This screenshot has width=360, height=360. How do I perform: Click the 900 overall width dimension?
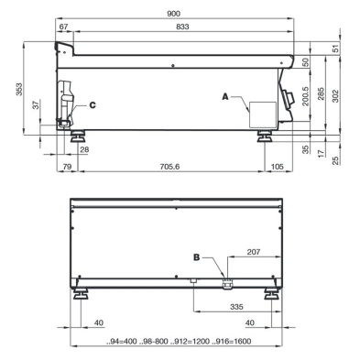(x=174, y=13)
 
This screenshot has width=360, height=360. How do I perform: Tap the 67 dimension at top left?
(x=63, y=29)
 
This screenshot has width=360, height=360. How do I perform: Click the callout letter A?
(x=225, y=95)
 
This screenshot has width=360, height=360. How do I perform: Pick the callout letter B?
(x=195, y=258)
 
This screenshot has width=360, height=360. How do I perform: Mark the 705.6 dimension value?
(x=170, y=167)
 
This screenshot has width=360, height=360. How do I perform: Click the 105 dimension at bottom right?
(x=278, y=167)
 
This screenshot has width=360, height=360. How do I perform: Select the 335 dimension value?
(x=235, y=307)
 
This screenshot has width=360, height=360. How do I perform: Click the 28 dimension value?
(x=84, y=148)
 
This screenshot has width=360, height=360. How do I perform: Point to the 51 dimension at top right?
(x=336, y=48)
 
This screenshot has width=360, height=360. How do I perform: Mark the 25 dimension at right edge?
(x=336, y=160)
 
